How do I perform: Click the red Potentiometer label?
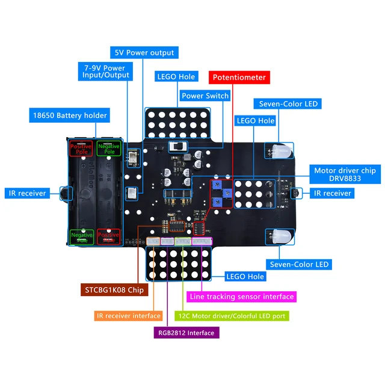(x=238, y=78)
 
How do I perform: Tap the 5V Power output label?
(x=144, y=52)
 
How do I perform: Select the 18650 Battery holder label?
(x=70, y=115)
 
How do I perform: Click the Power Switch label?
(x=205, y=96)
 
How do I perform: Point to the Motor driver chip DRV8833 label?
(x=345, y=175)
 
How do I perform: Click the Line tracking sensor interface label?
(x=242, y=297)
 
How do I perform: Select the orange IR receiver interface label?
(x=129, y=315)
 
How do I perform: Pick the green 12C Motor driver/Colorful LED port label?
(x=232, y=315)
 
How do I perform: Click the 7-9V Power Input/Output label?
(x=105, y=72)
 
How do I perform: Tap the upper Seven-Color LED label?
(x=288, y=104)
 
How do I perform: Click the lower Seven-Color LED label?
(x=300, y=264)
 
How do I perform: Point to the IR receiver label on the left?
(x=28, y=193)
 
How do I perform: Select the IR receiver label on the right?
(x=332, y=193)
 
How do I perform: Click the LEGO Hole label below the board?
(x=245, y=277)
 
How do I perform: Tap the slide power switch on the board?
(x=177, y=146)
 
